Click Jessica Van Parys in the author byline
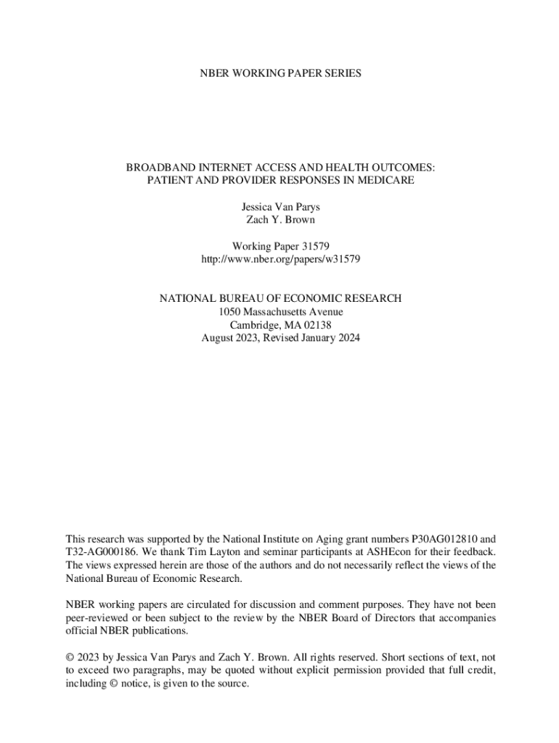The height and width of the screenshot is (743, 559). tap(280, 207)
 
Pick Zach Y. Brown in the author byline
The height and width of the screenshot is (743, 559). tap(280, 219)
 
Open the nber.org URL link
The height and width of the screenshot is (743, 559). tap(280, 258)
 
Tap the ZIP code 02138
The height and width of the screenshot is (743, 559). tap(317, 324)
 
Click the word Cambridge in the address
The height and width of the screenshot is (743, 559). tap(253, 324)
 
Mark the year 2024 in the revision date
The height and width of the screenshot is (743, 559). tap(347, 337)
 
